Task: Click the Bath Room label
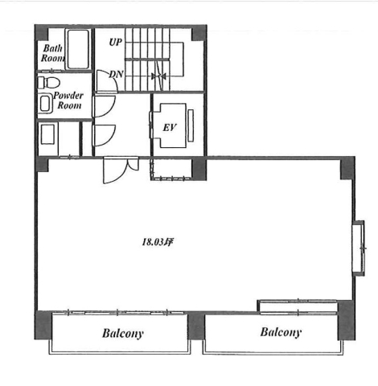click(x=53, y=53)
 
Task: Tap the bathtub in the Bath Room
click(x=78, y=49)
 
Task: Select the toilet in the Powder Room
click(x=48, y=83)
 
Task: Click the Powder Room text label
click(x=68, y=101)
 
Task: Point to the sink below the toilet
click(x=46, y=103)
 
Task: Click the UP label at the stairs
click(x=116, y=42)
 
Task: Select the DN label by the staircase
click(x=116, y=74)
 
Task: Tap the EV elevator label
click(x=170, y=127)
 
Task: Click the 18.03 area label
click(x=157, y=242)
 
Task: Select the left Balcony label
click(x=123, y=334)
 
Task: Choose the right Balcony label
click(x=281, y=332)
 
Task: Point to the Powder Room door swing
click(x=105, y=106)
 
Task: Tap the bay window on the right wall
click(x=359, y=248)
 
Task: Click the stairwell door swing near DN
click(x=107, y=81)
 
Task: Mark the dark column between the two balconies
click(x=196, y=326)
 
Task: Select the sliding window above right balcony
click(x=298, y=306)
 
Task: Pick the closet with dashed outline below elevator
click(x=171, y=170)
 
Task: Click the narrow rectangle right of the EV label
click(x=191, y=125)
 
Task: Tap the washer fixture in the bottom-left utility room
click(x=47, y=134)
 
